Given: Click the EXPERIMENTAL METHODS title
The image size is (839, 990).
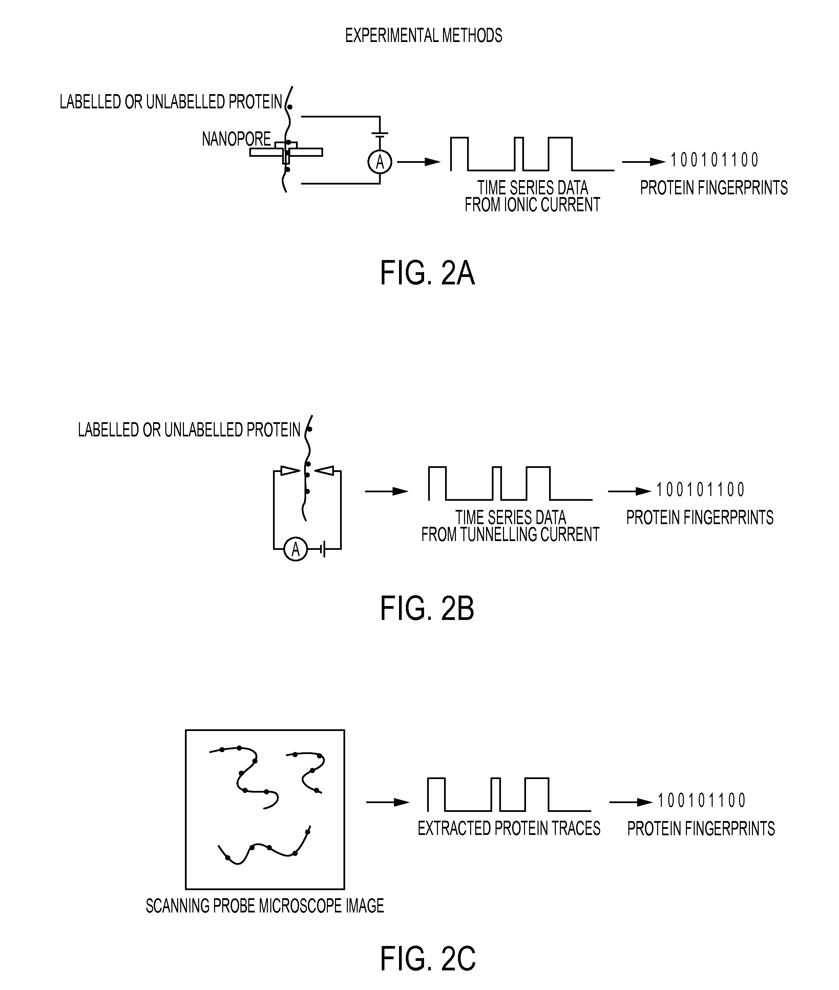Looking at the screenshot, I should click(423, 36).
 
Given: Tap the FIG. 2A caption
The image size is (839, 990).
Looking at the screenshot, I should click(427, 274).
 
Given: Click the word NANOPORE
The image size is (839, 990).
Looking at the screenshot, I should click(236, 139).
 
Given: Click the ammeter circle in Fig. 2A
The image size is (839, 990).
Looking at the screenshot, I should click(380, 162).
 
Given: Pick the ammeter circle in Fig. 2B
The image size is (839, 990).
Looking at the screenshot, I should click(295, 549).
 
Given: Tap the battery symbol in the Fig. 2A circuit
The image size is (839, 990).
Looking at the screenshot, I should click(380, 135).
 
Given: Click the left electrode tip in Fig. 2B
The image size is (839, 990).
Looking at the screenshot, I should click(290, 471).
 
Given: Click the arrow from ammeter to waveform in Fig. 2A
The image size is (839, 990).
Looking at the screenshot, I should click(419, 162).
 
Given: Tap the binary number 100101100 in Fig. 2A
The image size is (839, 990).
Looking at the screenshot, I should click(714, 160).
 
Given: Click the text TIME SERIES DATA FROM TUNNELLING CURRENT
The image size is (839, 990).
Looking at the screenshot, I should click(510, 526).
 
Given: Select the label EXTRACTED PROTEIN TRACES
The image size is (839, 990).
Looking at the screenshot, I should click(509, 829).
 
